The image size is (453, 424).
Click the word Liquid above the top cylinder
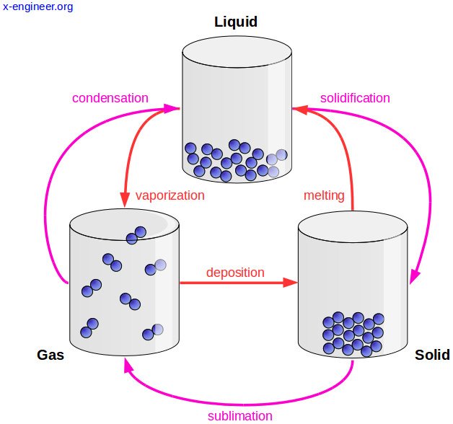[x=236, y=22]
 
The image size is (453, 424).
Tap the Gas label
[x=50, y=355]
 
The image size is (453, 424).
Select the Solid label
[x=432, y=355]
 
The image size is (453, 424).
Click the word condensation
[x=110, y=98]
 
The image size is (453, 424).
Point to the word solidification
[x=355, y=98]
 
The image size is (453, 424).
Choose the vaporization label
[x=170, y=195]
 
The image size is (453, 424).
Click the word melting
[x=324, y=195]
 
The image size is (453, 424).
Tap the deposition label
[x=235, y=273]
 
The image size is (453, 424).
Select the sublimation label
[x=239, y=416]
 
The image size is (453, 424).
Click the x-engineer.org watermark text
[x=38, y=6]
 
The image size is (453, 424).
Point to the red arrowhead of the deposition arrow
[x=290, y=283]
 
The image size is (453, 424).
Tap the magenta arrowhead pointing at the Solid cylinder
[x=415, y=277]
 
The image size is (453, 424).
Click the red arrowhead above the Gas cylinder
[x=125, y=199]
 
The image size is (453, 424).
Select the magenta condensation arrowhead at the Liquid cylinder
[x=172, y=109]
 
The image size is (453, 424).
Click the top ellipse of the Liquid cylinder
[x=237, y=52]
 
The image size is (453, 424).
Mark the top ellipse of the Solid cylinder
[x=353, y=226]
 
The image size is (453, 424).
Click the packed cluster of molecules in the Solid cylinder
[x=353, y=334]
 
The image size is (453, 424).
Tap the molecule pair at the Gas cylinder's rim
[x=136, y=236]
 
